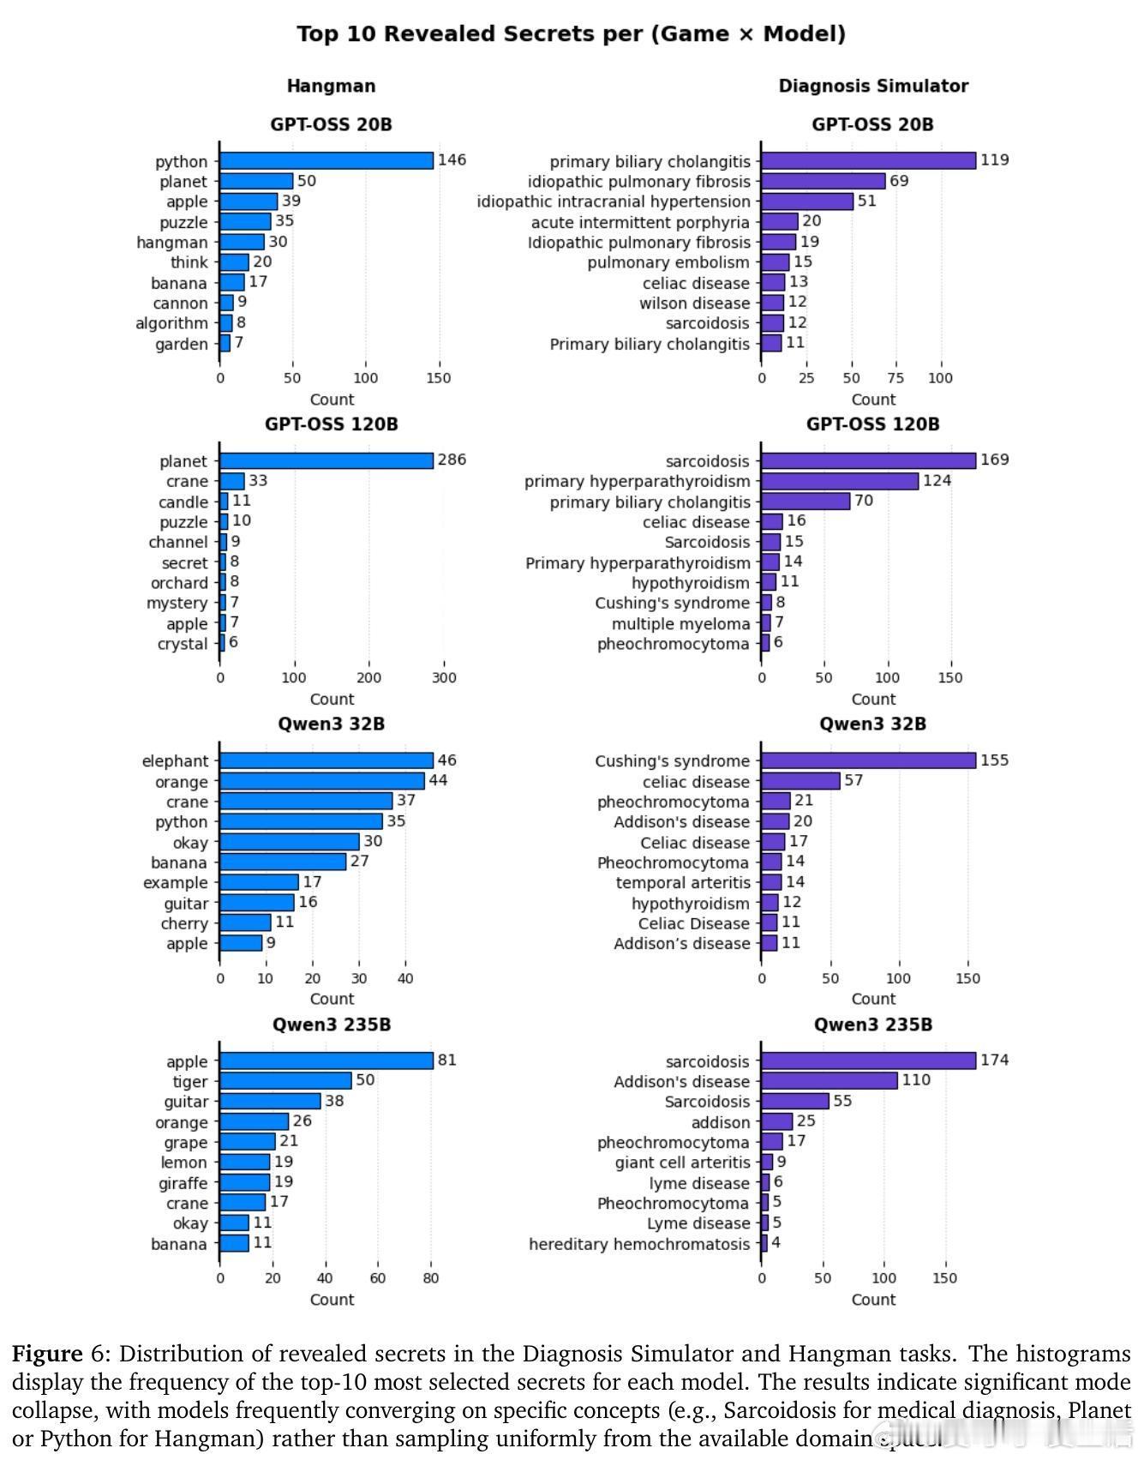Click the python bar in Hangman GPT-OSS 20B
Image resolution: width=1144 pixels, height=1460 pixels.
[x=326, y=161]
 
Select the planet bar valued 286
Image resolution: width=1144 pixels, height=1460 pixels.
[x=326, y=461]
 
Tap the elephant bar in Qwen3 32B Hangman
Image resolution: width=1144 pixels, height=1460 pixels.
[x=326, y=760]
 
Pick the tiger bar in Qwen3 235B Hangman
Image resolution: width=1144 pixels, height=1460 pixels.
[x=285, y=1081]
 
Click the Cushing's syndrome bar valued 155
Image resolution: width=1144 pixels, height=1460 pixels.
[x=868, y=760]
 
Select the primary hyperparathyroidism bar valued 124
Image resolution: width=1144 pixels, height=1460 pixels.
[x=840, y=481]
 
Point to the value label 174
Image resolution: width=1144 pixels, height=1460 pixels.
[x=995, y=1060]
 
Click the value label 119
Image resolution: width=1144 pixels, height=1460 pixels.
[x=995, y=160]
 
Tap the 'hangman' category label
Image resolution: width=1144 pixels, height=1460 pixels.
[x=171, y=243]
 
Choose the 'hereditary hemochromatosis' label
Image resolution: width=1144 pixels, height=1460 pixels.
[x=639, y=1244]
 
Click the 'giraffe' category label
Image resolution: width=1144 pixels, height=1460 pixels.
[x=183, y=1183]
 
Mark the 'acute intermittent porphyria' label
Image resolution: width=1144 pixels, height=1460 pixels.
[x=640, y=222]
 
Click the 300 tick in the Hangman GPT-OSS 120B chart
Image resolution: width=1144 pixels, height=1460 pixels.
[x=444, y=678]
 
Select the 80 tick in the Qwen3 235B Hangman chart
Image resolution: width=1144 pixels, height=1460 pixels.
[x=431, y=1278]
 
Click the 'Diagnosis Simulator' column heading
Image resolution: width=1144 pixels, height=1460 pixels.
[x=873, y=86]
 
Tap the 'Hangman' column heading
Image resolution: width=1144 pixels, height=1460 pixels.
[x=331, y=86]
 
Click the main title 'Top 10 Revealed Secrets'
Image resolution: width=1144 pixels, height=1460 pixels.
[x=572, y=34]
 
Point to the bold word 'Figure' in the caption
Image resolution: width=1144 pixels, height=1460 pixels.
[x=47, y=1355]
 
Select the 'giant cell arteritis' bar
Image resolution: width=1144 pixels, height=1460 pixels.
[x=767, y=1163]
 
